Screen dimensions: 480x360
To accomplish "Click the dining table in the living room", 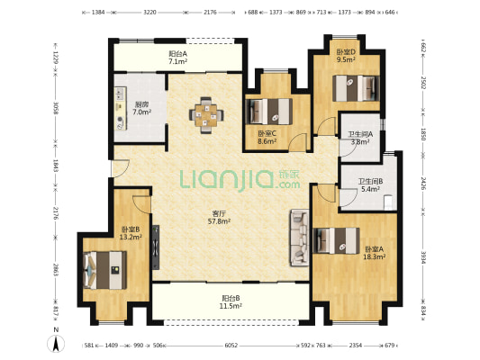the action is click(206, 115).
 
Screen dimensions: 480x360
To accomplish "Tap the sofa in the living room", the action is click(299, 238).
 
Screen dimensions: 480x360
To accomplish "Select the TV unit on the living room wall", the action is click(156, 247).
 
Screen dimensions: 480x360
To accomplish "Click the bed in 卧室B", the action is click(105, 270).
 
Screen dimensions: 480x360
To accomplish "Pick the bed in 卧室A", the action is click(336, 240).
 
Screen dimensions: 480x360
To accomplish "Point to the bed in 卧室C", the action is click(268, 112).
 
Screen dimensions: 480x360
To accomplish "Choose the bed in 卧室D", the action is click(356, 88).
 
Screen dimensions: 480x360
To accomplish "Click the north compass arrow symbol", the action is click(56, 344).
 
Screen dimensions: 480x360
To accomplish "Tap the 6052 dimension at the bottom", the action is click(231, 346).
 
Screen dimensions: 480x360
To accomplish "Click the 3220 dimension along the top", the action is click(149, 13).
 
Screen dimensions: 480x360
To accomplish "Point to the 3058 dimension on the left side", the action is click(56, 108).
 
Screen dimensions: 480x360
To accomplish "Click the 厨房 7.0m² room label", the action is click(141, 108).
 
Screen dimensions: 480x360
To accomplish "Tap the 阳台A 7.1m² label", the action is click(177, 58).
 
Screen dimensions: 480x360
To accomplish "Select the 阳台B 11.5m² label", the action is click(231, 301).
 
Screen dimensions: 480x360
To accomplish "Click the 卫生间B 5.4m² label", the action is click(370, 185).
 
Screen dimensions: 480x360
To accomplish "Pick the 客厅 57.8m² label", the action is click(219, 217).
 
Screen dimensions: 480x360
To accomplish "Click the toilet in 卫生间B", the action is click(388, 202).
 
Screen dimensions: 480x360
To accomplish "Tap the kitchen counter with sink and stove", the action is click(121, 109).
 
